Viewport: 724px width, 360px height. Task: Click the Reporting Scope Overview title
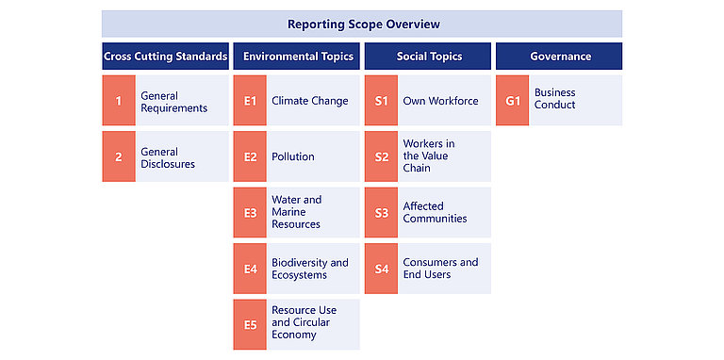[363, 24]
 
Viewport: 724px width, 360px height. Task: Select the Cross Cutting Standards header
[165, 57]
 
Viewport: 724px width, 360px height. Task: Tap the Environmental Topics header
[296, 57]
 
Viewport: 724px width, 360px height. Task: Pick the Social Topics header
[428, 57]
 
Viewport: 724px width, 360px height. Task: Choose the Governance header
[559, 57]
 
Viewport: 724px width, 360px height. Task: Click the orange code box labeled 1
[119, 101]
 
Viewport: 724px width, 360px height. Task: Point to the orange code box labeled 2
[119, 156]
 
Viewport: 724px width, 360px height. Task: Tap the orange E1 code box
[250, 101]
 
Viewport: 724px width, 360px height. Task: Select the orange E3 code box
[250, 213]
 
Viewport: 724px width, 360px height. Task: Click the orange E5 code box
[250, 324]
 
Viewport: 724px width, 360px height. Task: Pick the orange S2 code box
[381, 156]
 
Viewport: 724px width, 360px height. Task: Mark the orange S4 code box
[381, 269]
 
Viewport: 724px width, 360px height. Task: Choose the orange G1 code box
[513, 101]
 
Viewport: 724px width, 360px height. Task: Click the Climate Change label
[310, 101]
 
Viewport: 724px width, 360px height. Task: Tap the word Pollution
[293, 156]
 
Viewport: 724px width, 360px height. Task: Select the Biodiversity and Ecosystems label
[310, 269]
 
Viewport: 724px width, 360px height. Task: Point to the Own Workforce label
[440, 101]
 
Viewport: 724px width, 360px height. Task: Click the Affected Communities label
[435, 212]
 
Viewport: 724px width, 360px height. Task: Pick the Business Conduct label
[555, 98]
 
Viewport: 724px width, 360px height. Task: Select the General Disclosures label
[168, 157]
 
